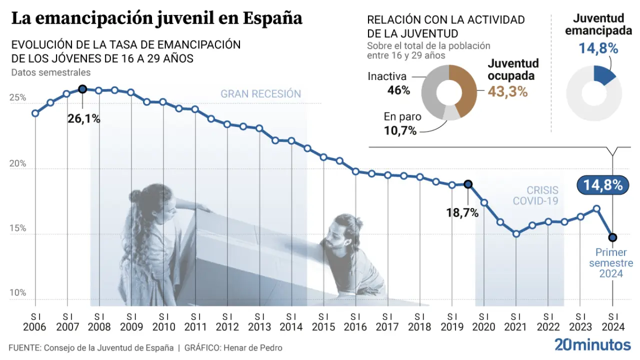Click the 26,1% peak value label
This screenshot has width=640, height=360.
[x=84, y=119]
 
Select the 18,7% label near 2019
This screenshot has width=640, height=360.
[x=462, y=212]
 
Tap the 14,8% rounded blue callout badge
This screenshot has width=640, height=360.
[x=602, y=185]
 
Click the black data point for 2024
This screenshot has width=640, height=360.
[x=612, y=237]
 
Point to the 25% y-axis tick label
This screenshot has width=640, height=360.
[x=18, y=98]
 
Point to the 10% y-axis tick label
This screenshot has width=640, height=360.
[x=18, y=293]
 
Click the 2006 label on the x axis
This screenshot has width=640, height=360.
[x=35, y=327]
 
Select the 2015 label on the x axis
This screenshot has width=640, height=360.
[x=323, y=327]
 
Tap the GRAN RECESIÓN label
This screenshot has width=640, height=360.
[x=260, y=94]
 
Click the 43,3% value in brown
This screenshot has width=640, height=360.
[x=508, y=91]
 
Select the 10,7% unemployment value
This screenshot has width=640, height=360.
[x=400, y=131]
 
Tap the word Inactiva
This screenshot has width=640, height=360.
[x=387, y=76]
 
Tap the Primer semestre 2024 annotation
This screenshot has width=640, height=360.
[x=611, y=263]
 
